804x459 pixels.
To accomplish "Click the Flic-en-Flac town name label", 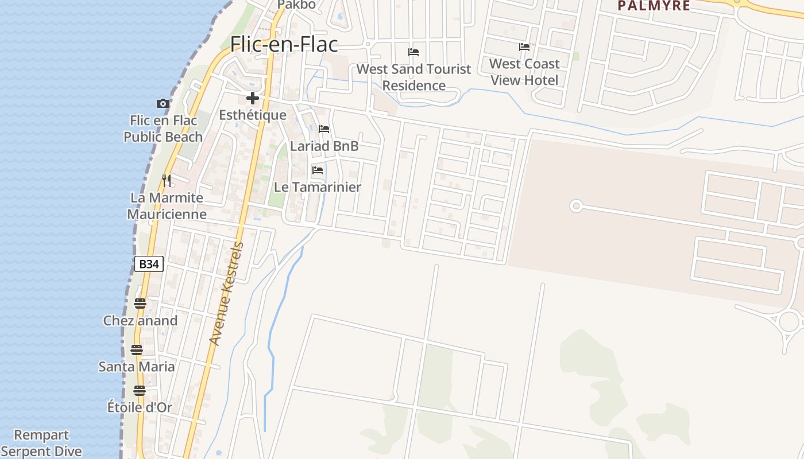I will (284, 45).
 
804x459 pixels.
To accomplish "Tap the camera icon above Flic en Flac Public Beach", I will (163, 103).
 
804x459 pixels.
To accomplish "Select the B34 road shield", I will (149, 264).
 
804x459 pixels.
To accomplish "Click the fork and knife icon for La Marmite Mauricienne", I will (166, 181).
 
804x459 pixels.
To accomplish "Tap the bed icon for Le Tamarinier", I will (317, 170).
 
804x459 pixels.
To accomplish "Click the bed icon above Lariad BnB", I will (324, 129).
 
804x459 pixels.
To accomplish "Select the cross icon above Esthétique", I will (252, 98).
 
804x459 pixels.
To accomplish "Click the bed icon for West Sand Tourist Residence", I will (413, 52).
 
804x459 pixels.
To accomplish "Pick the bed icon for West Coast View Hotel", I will (524, 47).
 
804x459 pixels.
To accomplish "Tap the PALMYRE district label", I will (654, 6).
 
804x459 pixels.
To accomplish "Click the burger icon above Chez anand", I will (140, 304).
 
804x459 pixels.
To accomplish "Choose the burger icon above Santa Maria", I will (137, 349).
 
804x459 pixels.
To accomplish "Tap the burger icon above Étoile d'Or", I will (140, 391).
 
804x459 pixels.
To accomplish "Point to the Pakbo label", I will (296, 5).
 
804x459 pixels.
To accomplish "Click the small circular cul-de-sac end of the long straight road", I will (576, 206).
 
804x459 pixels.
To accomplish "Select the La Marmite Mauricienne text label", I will (167, 206).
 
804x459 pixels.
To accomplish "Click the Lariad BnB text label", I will (324, 146).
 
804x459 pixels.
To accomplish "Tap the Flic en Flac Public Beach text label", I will (163, 129).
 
